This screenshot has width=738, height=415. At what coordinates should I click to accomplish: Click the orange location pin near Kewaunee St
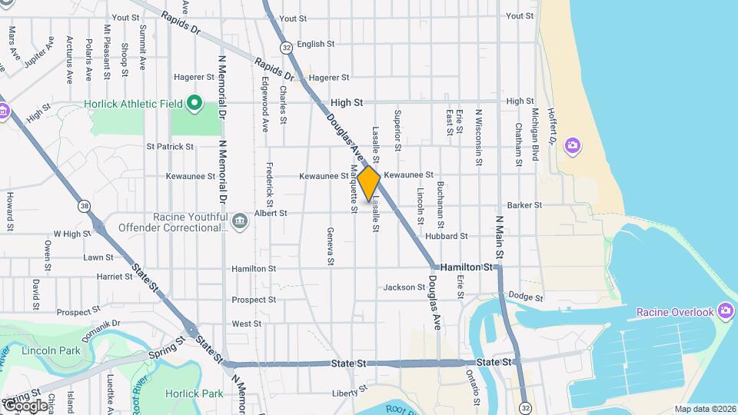click(369, 183)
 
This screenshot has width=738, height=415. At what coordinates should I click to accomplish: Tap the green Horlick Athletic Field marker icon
click(194, 103)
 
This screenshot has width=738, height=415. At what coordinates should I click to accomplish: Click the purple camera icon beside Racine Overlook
click(724, 310)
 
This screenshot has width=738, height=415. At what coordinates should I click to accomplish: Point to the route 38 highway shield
click(84, 206)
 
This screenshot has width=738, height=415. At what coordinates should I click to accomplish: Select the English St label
click(311, 45)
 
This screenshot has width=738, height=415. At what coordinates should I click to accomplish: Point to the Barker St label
click(524, 205)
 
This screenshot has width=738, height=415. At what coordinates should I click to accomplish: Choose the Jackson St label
click(400, 287)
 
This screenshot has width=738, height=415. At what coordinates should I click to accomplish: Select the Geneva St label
click(331, 246)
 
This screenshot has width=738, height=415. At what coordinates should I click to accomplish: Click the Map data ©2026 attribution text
click(704, 409)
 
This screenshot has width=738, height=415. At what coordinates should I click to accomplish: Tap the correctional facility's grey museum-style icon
click(241, 221)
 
